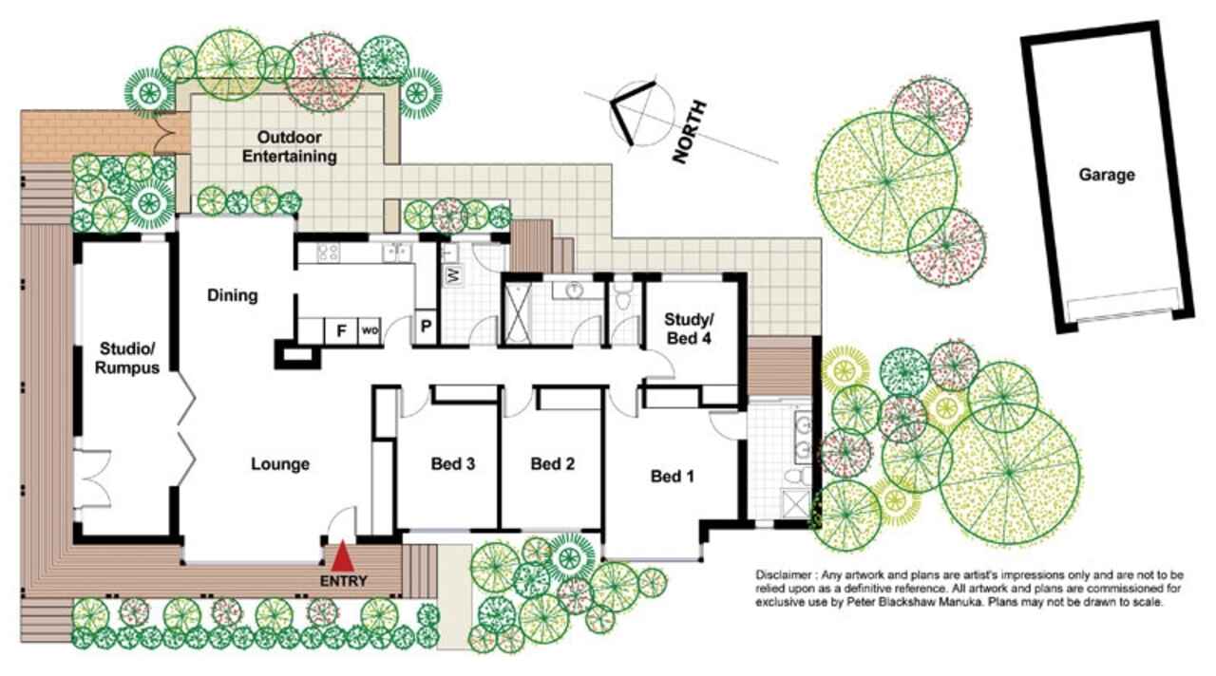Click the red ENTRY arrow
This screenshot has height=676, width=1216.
(x=343, y=556)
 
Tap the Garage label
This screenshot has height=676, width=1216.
(x=1107, y=175)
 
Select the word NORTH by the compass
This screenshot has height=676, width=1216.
(x=690, y=132)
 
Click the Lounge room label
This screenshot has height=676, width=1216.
(x=280, y=464)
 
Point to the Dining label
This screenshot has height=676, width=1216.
(x=233, y=295)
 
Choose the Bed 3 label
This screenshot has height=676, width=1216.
(x=453, y=464)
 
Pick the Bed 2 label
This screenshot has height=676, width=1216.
(x=552, y=464)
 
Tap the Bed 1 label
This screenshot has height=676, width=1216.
(x=672, y=477)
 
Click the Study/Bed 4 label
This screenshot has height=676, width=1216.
(x=689, y=329)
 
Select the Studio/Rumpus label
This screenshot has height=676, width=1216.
(x=127, y=358)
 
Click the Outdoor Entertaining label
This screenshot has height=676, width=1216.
(x=290, y=146)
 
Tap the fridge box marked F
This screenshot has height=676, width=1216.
(x=341, y=330)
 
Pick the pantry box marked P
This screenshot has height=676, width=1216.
(x=427, y=327)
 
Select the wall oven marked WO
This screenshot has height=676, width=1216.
(x=370, y=330)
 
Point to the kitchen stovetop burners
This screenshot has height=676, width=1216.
(x=328, y=252)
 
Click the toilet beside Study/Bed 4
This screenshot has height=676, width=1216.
(x=625, y=297)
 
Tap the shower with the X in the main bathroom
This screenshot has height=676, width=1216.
(x=518, y=314)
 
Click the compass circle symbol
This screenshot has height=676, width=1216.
(x=642, y=115)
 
